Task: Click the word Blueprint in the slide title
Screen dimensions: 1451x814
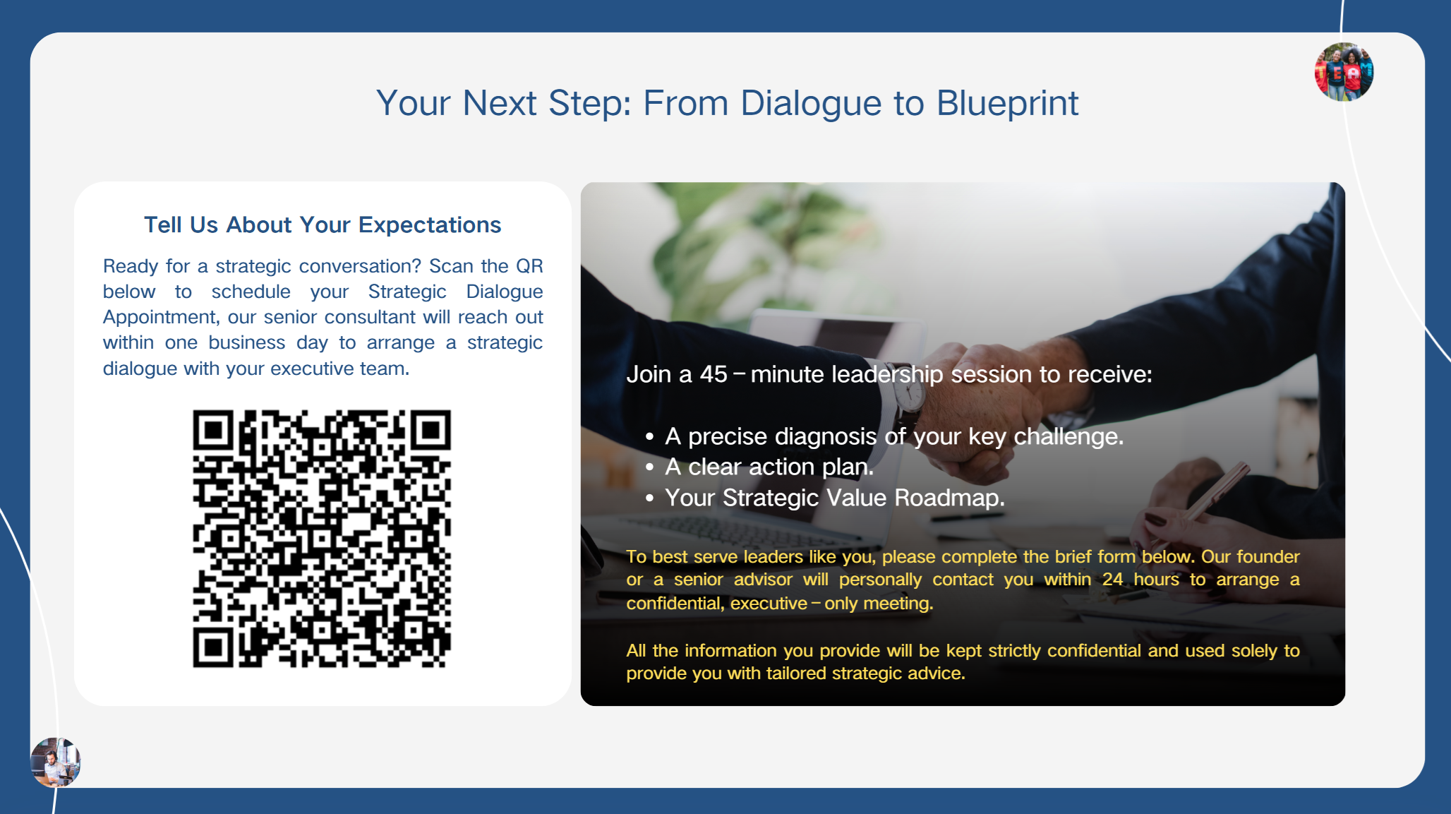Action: (x=1007, y=104)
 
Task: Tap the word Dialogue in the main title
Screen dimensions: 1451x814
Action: (x=811, y=104)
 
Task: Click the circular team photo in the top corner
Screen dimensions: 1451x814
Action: (x=1344, y=72)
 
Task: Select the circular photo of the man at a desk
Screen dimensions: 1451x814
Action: (x=55, y=762)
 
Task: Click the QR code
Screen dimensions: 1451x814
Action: (x=322, y=539)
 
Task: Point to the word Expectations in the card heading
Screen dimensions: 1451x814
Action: (x=430, y=225)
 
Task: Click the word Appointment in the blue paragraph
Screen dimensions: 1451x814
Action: (x=161, y=318)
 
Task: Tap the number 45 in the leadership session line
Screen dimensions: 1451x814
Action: (x=714, y=374)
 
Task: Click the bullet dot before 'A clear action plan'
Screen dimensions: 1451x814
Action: (x=649, y=467)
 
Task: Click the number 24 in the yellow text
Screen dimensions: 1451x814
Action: (x=1112, y=580)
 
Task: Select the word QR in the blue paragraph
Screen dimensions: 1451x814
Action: (x=529, y=266)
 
